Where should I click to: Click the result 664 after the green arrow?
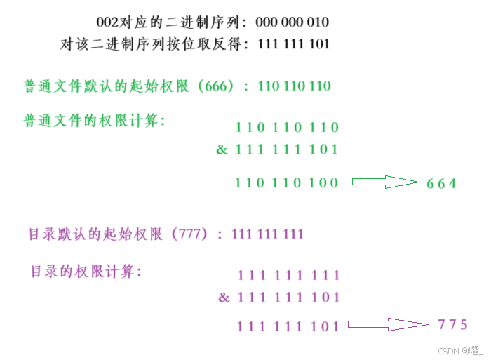pos(442,183)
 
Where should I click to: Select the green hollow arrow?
pos(384,182)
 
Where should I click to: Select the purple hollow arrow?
pos(388,324)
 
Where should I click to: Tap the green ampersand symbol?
pos(222,149)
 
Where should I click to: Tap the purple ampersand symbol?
pos(224,297)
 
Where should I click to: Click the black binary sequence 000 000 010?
pos(292,22)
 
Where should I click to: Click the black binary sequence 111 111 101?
pos(294,44)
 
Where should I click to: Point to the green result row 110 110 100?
pos(287,183)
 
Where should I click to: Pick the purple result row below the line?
pos(288,326)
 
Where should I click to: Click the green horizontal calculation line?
pos(292,164)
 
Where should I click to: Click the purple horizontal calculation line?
pos(292,309)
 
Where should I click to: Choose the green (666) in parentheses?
pos(220,86)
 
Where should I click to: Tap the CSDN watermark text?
pos(460,350)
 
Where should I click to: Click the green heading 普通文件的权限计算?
pos(95,121)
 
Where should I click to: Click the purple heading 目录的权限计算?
pos(86,271)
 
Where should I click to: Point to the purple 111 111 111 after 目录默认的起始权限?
pos(267,234)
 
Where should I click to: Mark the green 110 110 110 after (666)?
pos(295,86)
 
